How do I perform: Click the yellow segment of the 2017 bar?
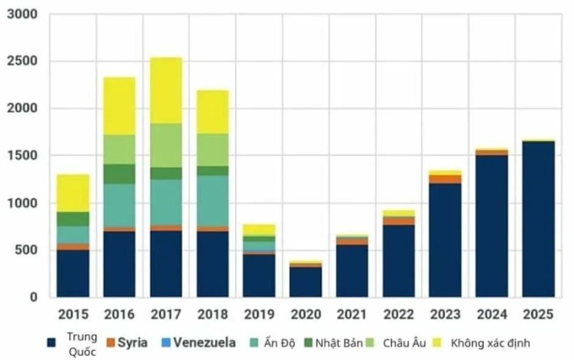[x=166, y=90]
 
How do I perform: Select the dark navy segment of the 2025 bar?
[x=538, y=219]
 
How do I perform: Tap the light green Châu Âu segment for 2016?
[x=119, y=149]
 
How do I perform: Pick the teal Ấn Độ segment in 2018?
[x=213, y=201]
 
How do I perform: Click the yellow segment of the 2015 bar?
[x=73, y=193]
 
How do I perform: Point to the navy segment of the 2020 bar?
[x=306, y=282]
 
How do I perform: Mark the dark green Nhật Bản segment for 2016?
[x=119, y=174]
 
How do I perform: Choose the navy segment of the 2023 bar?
[x=445, y=240]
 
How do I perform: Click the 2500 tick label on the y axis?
[x=23, y=61]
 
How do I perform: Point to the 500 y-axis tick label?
[x=26, y=250]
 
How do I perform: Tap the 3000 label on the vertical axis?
[x=23, y=14]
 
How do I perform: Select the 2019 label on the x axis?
[x=259, y=314]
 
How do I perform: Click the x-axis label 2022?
[x=399, y=314]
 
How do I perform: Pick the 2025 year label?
[x=538, y=314]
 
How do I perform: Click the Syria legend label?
[x=133, y=343]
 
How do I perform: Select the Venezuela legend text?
[x=205, y=342]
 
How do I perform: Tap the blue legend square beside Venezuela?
[x=166, y=343]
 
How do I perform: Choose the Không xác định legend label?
[x=490, y=343]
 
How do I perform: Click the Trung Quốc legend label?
[x=82, y=344]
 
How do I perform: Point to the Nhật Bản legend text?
[x=339, y=343]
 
